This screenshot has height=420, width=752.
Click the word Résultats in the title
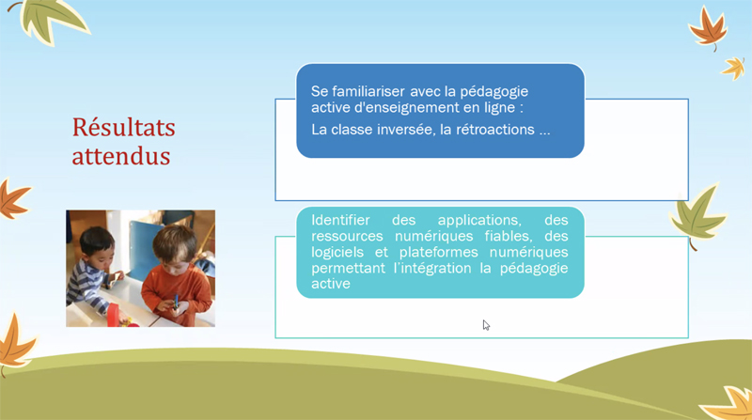pyautogui.click(x=124, y=128)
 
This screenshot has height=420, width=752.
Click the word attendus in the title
pyautogui.click(x=121, y=156)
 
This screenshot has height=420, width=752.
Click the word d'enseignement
pyautogui.click(x=407, y=107)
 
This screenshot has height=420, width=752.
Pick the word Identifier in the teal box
pyautogui.click(x=340, y=220)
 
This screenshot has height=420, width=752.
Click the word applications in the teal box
pyautogui.click(x=479, y=221)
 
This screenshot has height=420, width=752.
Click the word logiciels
pyautogui.click(x=337, y=253)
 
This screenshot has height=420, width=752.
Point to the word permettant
pyautogui.click(x=348, y=268)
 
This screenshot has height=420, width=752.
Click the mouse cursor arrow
pyautogui.click(x=486, y=325)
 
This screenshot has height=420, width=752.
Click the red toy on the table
pyautogui.click(x=114, y=315)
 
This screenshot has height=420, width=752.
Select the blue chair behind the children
pyautogui.click(x=144, y=248)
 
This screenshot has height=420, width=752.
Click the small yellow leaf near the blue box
pyautogui.click(x=734, y=68)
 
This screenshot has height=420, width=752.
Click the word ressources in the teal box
pyautogui.click(x=347, y=237)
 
